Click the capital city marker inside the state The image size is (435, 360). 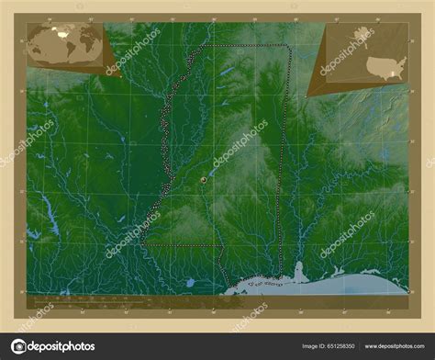202,181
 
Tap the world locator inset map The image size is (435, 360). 65,45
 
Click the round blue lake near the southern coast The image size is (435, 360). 191,283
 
